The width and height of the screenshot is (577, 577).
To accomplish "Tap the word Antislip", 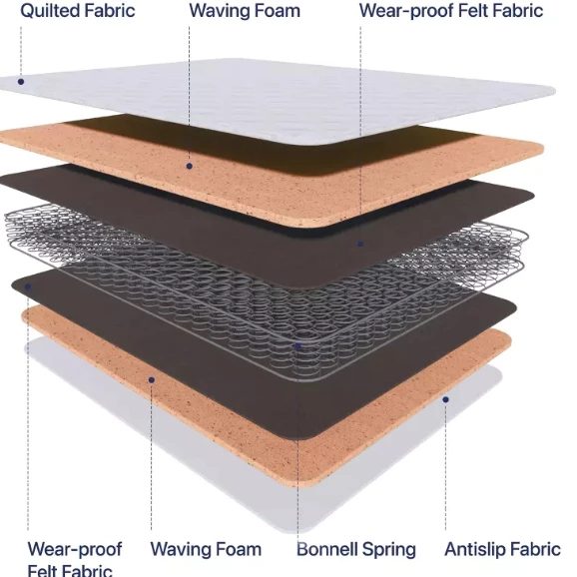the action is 471,549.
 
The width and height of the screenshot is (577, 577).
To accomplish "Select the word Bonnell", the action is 327,549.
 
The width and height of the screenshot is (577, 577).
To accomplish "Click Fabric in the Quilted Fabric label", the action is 107,11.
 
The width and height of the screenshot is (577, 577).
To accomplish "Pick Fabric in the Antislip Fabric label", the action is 532,549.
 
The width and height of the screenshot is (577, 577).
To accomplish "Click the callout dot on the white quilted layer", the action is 21,81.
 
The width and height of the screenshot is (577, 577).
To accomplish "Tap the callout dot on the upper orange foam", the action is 189,167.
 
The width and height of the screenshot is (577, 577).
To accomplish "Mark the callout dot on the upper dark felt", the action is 360,244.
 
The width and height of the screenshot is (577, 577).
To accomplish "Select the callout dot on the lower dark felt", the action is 28,287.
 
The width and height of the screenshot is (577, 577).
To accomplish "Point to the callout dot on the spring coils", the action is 298,345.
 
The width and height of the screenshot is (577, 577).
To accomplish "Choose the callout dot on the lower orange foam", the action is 152,379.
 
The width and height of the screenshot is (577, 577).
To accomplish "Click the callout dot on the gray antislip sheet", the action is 445,399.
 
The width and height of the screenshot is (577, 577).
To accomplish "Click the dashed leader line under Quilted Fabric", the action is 21,52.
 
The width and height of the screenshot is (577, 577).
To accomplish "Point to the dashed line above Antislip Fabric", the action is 445,466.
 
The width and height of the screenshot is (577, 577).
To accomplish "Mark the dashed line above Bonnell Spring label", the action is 297,440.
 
